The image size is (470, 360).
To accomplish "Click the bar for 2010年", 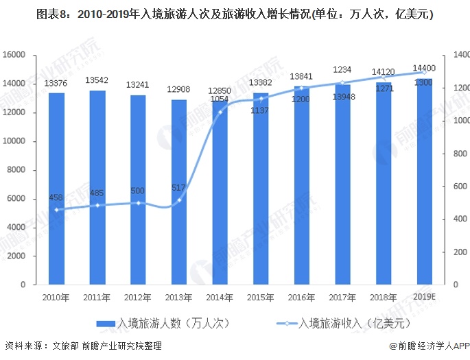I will point(56,189).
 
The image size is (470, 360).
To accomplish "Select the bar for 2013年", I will point(179,192).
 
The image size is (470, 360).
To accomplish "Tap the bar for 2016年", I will point(302,185).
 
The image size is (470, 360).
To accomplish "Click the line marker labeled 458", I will point(56,209).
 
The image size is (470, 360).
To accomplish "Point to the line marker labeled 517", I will point(179,200).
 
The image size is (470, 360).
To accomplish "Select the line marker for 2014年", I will point(220,112).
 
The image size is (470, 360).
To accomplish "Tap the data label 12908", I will point(179,90).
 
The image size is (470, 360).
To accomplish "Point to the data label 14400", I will point(424,68).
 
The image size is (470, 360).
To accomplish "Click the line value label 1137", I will point(259,110).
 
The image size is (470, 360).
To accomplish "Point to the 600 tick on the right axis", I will point(458,186).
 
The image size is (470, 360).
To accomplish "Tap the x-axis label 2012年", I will point(138,297).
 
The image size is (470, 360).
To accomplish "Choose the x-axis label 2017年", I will point(342,297).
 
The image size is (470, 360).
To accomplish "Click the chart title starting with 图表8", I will point(235,13).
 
